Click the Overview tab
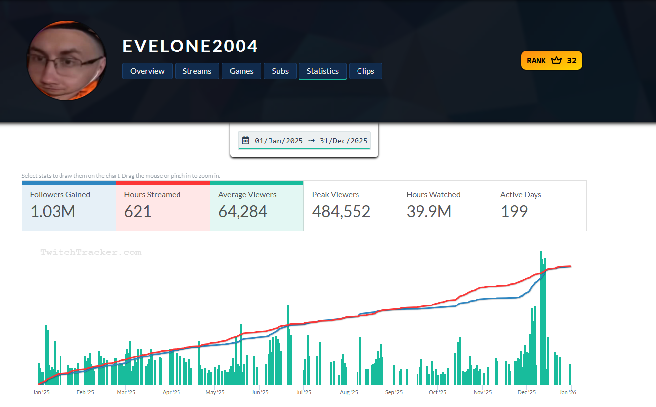click(147, 71)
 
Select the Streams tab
click(197, 71)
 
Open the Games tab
click(241, 71)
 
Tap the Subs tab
click(280, 71)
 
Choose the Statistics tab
click(322, 71)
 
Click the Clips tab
click(365, 71)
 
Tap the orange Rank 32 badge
click(551, 60)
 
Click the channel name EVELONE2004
click(190, 46)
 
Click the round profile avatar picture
click(66, 60)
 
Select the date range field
click(304, 141)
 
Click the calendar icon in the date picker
click(245, 141)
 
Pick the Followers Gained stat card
click(69, 205)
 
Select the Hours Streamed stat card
click(163, 205)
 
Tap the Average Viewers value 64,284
click(243, 212)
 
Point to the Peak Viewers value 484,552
click(341, 212)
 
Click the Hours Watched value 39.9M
click(428, 212)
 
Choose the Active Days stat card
click(539, 205)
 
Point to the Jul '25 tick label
click(303, 392)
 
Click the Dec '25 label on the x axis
click(527, 392)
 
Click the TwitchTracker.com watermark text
click(91, 253)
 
